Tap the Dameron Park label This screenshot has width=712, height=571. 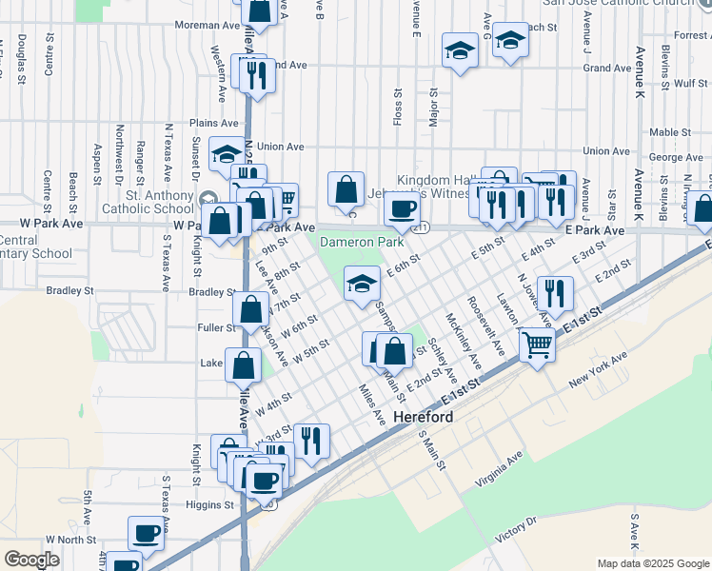tap(361, 243)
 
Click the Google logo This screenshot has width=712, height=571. tap(31, 559)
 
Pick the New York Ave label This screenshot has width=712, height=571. tap(598, 369)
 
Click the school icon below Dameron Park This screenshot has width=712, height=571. tap(361, 285)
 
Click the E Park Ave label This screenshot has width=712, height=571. tap(594, 231)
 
